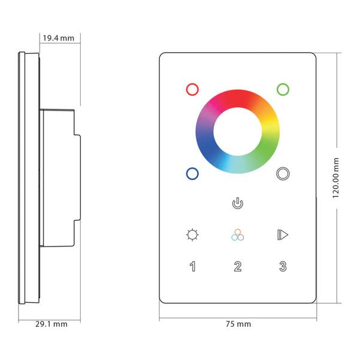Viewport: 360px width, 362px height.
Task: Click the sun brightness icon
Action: pyautogui.click(x=192, y=235)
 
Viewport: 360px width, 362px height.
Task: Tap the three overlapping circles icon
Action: pyautogui.click(x=238, y=235)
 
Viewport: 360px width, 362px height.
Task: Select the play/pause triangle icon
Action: pyautogui.click(x=283, y=235)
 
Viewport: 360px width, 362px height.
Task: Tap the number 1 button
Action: pyautogui.click(x=193, y=266)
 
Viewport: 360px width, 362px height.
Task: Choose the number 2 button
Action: pyautogui.click(x=238, y=266)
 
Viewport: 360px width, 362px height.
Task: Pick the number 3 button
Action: pyautogui.click(x=283, y=266)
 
